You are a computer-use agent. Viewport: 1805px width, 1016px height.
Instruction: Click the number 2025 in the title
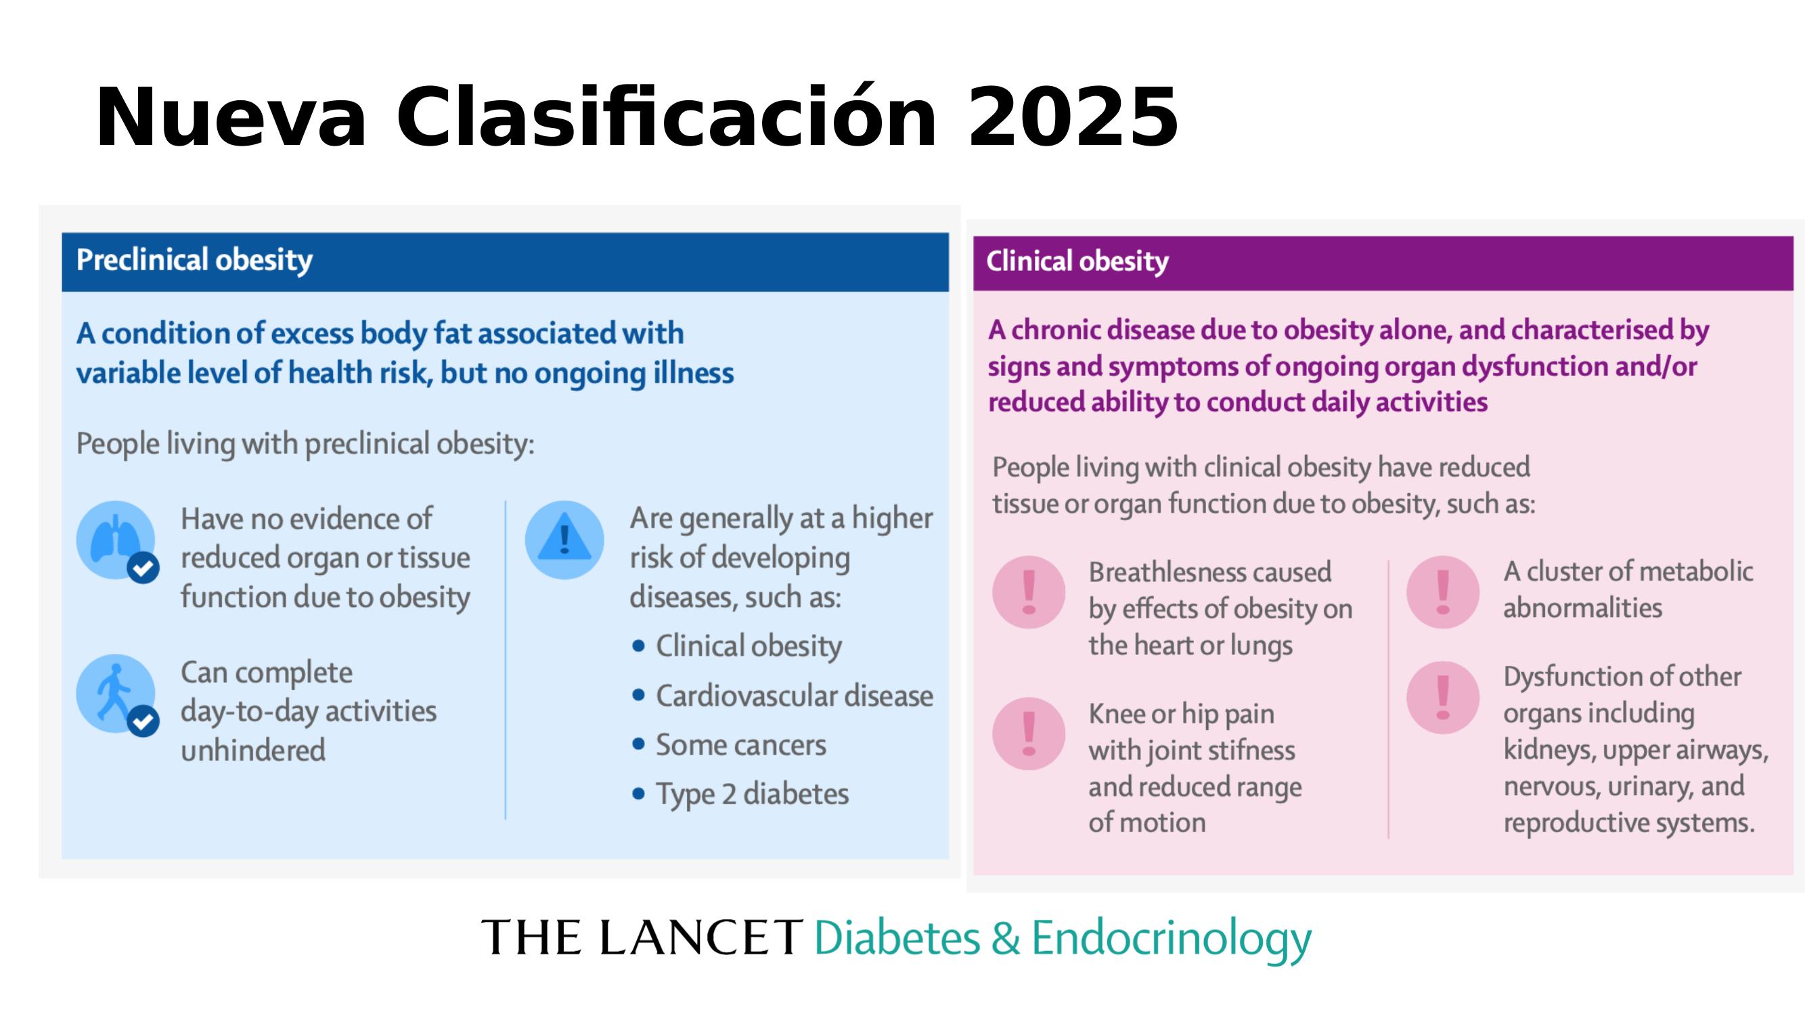(x=1073, y=117)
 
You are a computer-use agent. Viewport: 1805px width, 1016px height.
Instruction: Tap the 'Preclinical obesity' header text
(x=194, y=260)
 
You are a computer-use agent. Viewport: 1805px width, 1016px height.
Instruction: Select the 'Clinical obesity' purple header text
(x=1077, y=261)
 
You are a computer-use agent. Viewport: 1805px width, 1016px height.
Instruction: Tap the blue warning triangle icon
(x=564, y=539)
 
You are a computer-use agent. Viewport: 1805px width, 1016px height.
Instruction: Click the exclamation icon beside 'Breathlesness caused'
(x=1029, y=592)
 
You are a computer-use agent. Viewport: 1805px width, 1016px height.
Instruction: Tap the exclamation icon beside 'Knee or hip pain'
(x=1029, y=734)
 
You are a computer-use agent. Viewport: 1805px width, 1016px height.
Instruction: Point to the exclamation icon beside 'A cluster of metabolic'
(x=1443, y=592)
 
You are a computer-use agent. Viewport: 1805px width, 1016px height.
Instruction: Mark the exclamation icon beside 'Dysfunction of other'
(x=1443, y=697)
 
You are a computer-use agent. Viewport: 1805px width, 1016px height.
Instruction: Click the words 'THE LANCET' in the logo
(x=641, y=937)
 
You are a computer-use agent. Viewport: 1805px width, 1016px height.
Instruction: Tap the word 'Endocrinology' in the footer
(x=1171, y=939)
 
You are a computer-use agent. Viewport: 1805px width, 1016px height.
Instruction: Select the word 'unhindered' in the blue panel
(x=253, y=750)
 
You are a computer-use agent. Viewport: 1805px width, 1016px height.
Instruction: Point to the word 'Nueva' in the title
(x=231, y=117)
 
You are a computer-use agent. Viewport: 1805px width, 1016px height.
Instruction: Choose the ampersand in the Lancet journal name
(x=1006, y=938)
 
